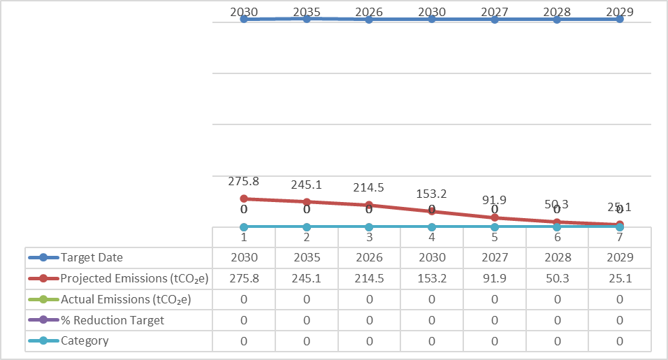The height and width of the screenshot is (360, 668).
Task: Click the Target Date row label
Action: click(92, 257)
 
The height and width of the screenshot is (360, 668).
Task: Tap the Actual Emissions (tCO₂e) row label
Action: click(126, 299)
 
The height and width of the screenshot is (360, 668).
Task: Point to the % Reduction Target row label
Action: click(112, 320)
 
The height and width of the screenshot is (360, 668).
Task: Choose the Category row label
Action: click(85, 341)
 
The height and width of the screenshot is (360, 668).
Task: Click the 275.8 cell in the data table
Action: click(244, 278)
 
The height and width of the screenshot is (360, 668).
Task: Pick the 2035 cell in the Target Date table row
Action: click(306, 257)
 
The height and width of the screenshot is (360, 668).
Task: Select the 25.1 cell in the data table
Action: click(619, 278)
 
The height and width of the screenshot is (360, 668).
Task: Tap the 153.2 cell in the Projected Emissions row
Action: click(432, 278)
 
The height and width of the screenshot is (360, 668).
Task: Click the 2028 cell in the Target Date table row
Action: click(557, 257)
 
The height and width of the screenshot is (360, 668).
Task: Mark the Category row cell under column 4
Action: click(432, 341)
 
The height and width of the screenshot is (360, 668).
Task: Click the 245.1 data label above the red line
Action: click(307, 185)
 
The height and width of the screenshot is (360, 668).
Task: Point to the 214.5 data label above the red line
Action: click(369, 188)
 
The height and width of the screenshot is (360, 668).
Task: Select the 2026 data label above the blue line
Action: click(369, 12)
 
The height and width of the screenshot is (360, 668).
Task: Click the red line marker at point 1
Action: click(244, 199)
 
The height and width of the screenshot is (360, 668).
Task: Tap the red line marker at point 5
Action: click(495, 217)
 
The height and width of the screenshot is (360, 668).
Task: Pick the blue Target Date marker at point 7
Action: click(619, 19)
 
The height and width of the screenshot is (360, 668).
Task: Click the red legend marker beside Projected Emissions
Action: click(43, 278)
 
